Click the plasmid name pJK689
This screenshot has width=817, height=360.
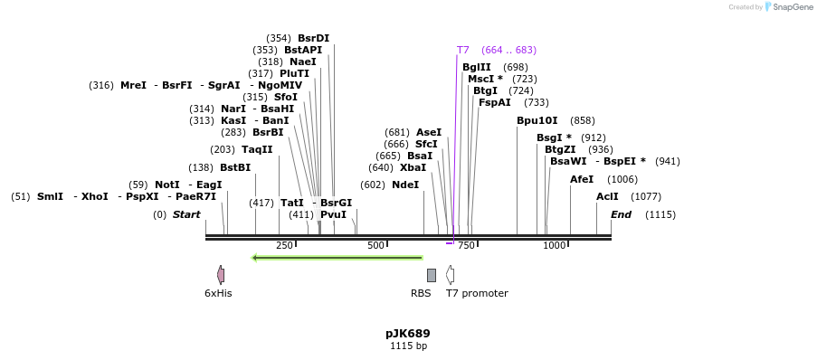pyautogui.click(x=408, y=334)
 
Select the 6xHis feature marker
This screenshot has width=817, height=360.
pyautogui.click(x=221, y=274)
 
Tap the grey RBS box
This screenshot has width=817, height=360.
pyautogui.click(x=432, y=275)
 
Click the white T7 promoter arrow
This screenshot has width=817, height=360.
pyautogui.click(x=450, y=275)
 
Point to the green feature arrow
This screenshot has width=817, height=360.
pyautogui.click(x=337, y=258)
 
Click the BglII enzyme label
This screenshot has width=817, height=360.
pyautogui.click(x=477, y=67)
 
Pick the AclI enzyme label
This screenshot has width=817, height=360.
pyautogui.click(x=607, y=196)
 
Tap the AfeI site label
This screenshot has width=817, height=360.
pyautogui.click(x=582, y=179)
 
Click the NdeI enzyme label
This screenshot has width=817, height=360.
pyautogui.click(x=405, y=185)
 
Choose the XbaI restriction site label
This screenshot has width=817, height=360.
pyautogui.click(x=413, y=167)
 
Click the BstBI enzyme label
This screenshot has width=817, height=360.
pyautogui.click(x=235, y=167)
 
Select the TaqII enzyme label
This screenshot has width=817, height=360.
pyautogui.click(x=257, y=149)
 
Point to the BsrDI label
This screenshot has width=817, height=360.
pyautogui.click(x=313, y=38)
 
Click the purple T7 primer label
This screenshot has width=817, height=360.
pyautogui.click(x=463, y=50)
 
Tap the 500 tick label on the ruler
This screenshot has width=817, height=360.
pyautogui.click(x=375, y=246)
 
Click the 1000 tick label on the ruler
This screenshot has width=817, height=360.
pyautogui.click(x=554, y=246)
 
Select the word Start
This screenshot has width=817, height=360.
pyautogui.click(x=186, y=214)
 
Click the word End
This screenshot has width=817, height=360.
pyautogui.click(x=621, y=214)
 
